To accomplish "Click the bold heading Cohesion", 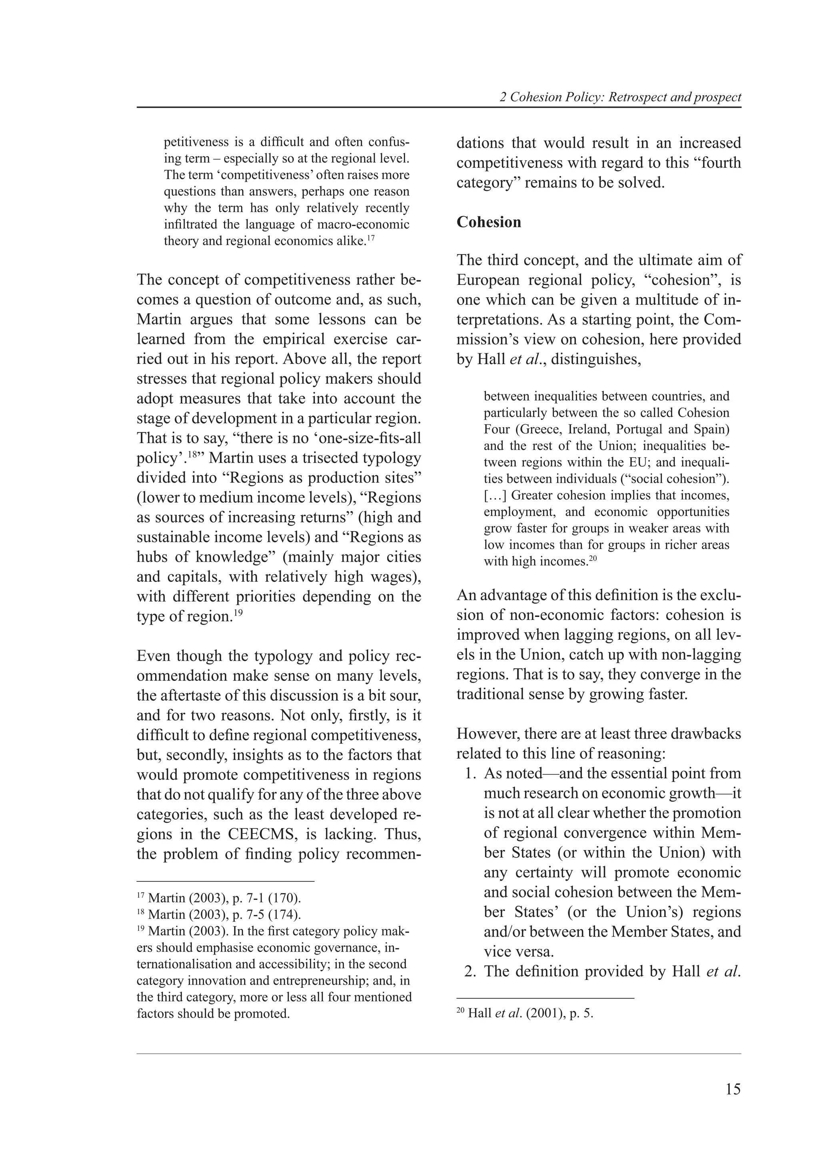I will tap(488, 223).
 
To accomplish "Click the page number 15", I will tap(733, 1089).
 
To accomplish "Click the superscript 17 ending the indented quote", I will tap(371, 237).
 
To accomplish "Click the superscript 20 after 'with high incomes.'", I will tap(593, 558).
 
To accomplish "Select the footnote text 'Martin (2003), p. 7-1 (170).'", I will tap(225, 898).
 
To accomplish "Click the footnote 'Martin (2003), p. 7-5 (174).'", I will tap(225, 914).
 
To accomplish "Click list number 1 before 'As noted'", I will tap(470, 773).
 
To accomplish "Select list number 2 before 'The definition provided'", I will tap(470, 971).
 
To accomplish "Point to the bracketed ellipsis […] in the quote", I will tap(495, 495).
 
